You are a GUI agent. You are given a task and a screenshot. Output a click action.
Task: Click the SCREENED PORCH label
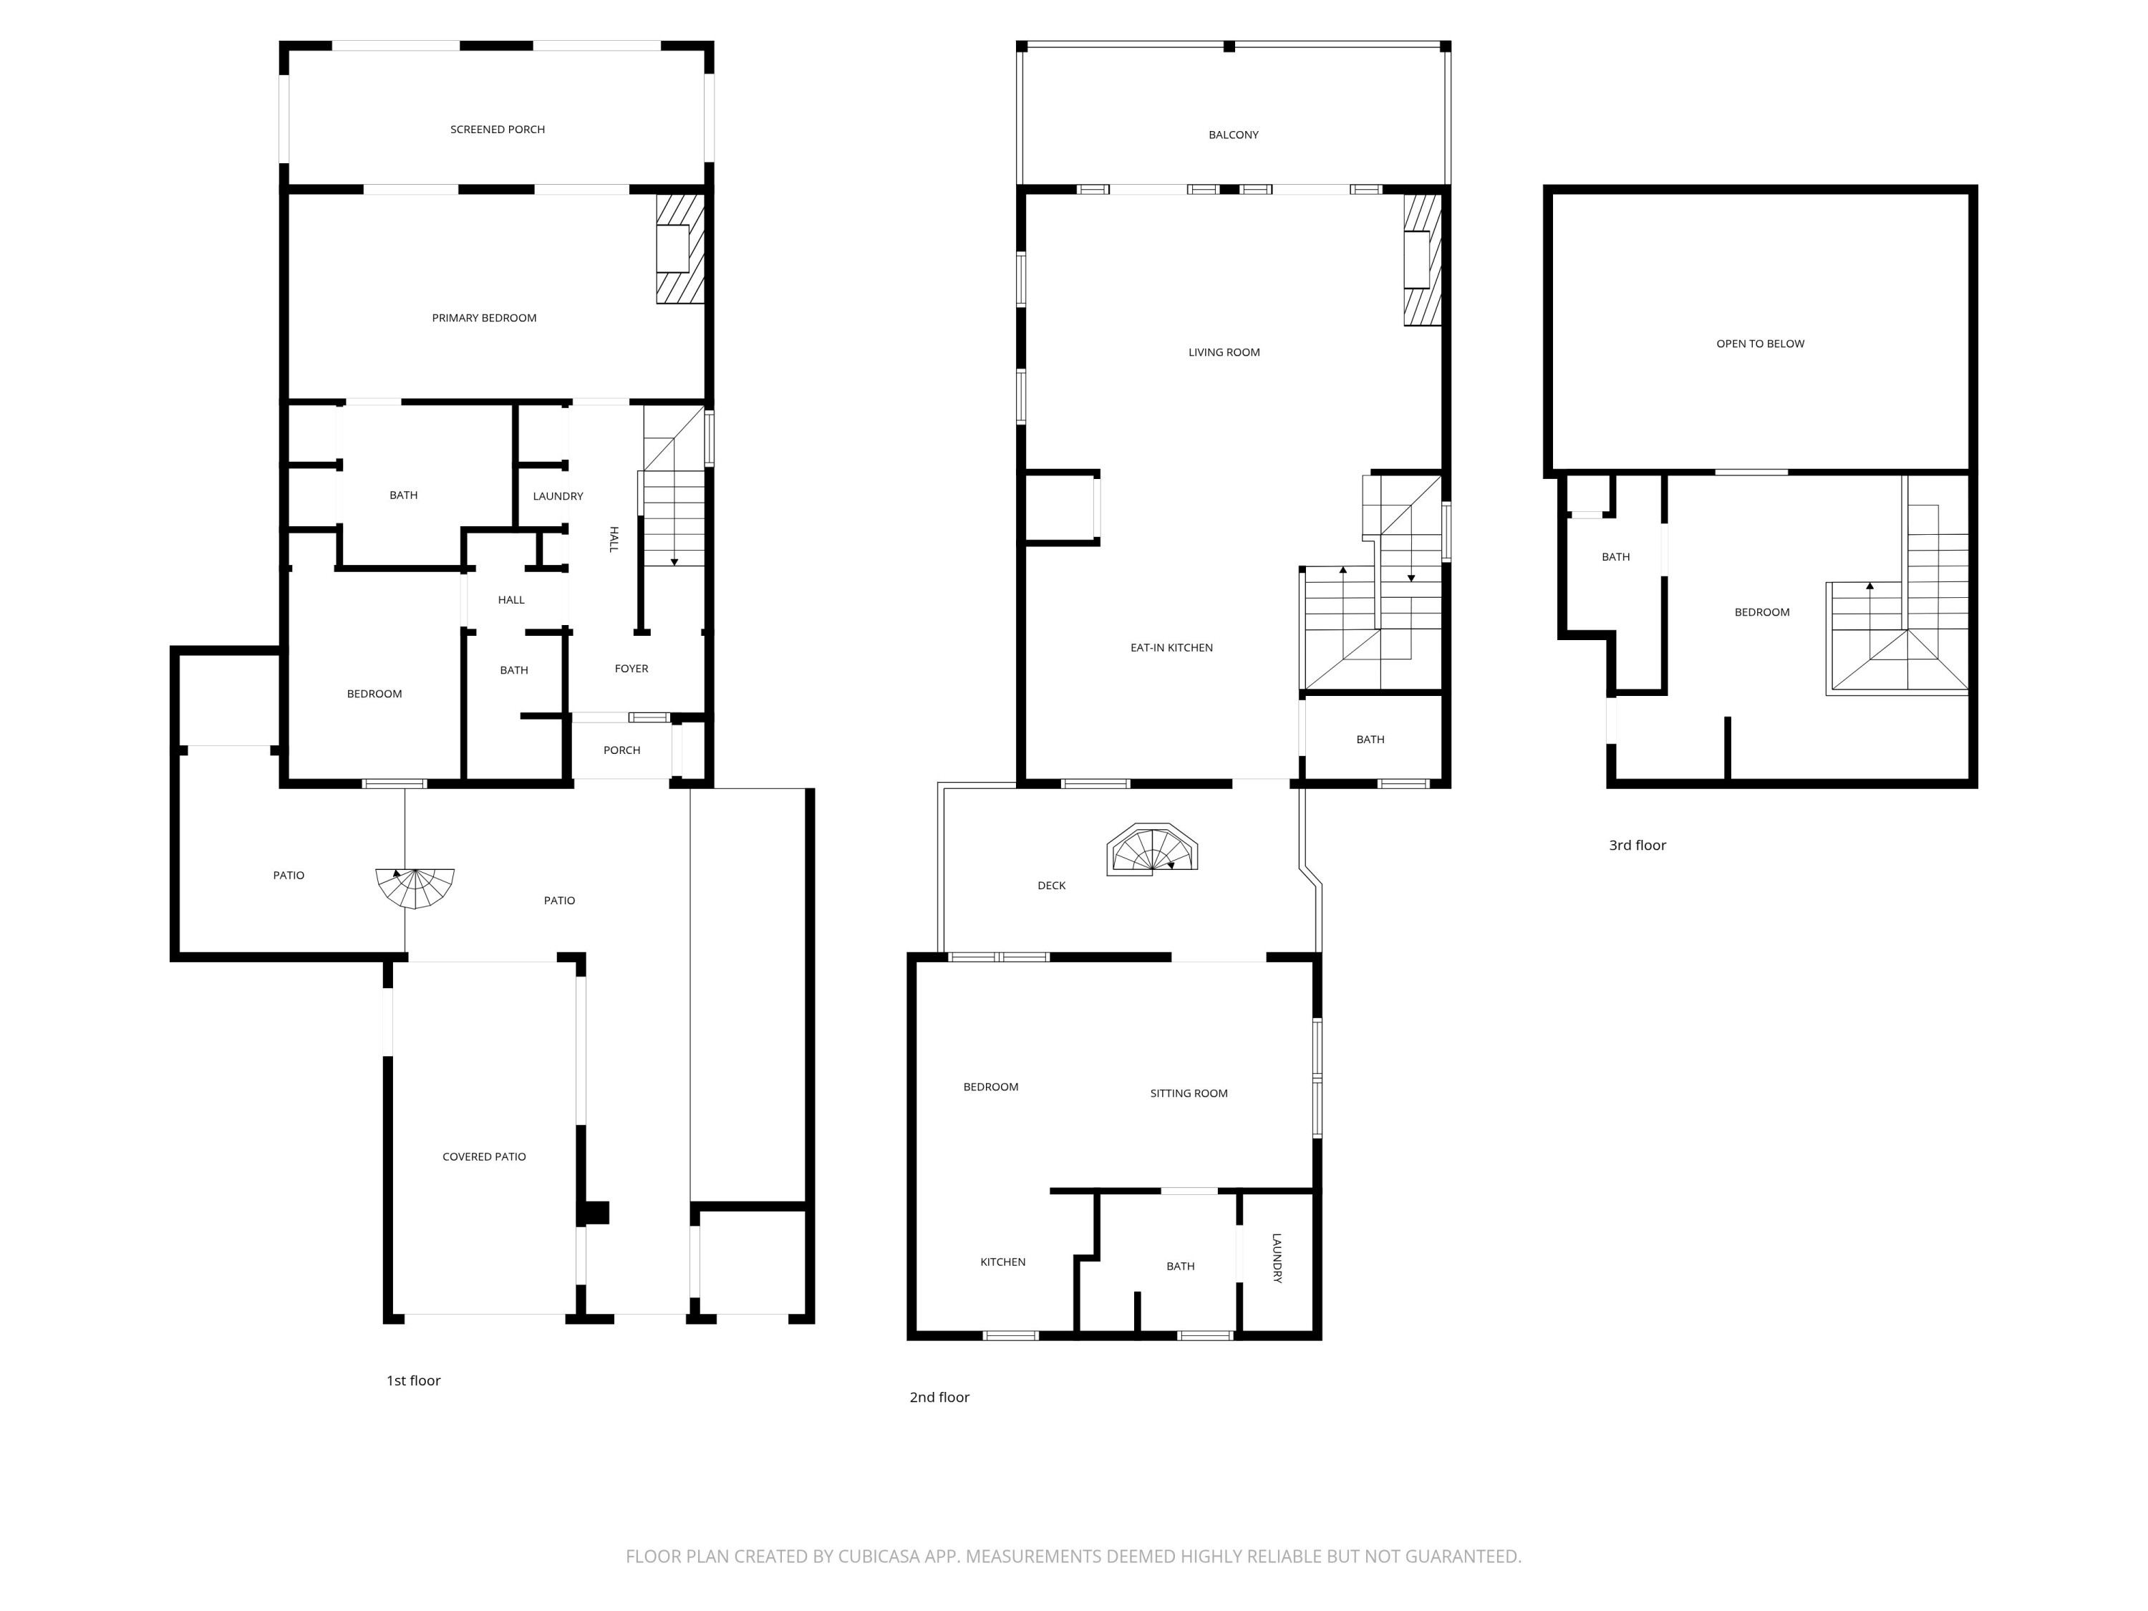pyautogui.click(x=497, y=129)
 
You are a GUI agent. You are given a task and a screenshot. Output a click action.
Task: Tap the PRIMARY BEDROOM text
pyautogui.click(x=483, y=317)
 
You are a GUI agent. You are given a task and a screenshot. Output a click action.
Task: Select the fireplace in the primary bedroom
pyautogui.click(x=679, y=248)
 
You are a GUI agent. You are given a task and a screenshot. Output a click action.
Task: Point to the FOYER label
pyautogui.click(x=632, y=668)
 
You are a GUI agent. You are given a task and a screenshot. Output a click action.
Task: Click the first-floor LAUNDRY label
pyautogui.click(x=557, y=496)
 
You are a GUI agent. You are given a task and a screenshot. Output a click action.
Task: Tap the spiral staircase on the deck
pyautogui.click(x=1153, y=851)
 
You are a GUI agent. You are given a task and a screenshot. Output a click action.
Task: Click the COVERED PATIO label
pyautogui.click(x=483, y=1156)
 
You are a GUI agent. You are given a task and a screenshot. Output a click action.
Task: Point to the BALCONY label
pyautogui.click(x=1233, y=135)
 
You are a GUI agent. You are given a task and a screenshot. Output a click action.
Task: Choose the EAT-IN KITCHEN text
pyautogui.click(x=1171, y=648)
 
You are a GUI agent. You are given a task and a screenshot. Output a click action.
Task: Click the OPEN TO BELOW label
pyautogui.click(x=1760, y=344)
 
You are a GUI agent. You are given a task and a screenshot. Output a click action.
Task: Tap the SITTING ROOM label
pyautogui.click(x=1189, y=1093)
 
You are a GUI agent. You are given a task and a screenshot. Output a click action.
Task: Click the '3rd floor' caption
pyautogui.click(x=1637, y=845)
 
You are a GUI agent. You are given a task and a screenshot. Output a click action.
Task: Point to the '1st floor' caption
pyautogui.click(x=414, y=1380)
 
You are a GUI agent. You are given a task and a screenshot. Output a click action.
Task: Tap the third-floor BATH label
pyautogui.click(x=1615, y=557)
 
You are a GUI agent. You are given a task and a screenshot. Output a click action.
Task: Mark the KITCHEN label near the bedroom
pyautogui.click(x=1002, y=1262)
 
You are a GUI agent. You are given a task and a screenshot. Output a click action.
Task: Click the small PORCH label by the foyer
pyautogui.click(x=621, y=750)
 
